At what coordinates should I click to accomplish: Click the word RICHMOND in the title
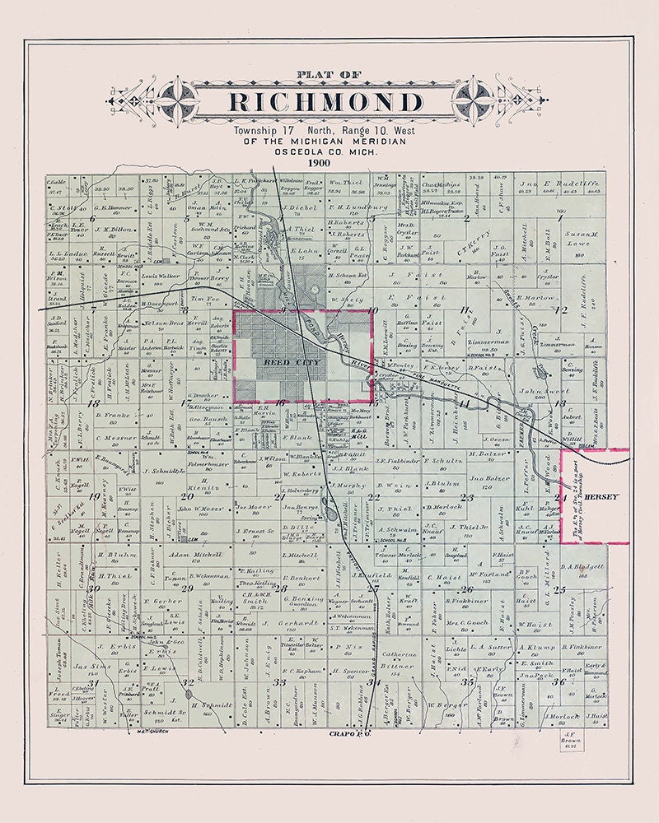pyautogui.click(x=325, y=102)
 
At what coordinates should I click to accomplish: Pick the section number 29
pyautogui.click(x=188, y=588)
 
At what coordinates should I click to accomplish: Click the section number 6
pyautogui.click(x=93, y=217)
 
